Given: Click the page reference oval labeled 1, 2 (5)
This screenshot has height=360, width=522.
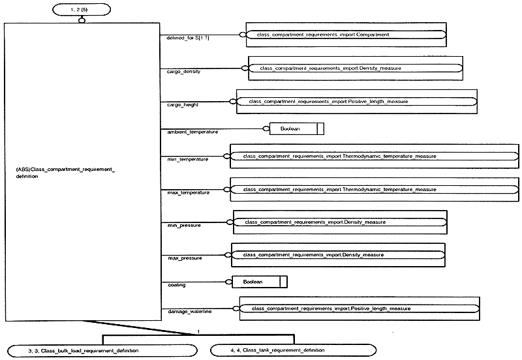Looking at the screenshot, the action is (82, 10).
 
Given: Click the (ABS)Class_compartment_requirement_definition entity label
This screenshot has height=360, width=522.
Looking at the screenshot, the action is (65, 173).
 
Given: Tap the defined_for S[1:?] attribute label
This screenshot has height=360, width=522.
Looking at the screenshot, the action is (188, 38).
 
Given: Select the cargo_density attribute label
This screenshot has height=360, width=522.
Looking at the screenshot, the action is (183, 72).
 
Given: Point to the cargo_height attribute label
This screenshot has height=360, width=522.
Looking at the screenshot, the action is (183, 105).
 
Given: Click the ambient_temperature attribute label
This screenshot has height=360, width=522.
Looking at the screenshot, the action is (192, 132).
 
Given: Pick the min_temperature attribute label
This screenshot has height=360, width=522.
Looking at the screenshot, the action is (187, 159).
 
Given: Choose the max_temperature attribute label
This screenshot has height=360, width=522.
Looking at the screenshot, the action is (188, 192).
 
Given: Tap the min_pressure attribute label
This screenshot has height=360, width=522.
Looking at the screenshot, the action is (184, 225).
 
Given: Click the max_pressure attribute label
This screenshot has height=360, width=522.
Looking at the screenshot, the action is (185, 258).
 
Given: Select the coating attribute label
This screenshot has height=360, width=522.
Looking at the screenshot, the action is (176, 285).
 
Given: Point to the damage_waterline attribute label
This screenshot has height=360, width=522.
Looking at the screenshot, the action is (189, 312).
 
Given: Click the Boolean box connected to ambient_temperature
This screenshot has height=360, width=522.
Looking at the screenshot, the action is (297, 128).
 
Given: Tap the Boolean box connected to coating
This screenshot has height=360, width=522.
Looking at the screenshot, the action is (259, 282).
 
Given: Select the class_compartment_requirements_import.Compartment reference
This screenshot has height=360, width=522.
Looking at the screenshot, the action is (346, 35).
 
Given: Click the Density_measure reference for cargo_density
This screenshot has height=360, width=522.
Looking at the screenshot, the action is (356, 68).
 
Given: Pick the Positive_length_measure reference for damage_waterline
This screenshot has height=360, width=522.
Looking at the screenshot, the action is (360, 308).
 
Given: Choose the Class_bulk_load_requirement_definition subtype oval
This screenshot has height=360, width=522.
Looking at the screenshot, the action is (102, 351).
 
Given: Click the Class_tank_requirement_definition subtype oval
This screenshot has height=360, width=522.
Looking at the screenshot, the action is (293, 350).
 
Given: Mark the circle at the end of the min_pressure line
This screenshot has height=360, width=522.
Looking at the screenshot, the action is (230, 222).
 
